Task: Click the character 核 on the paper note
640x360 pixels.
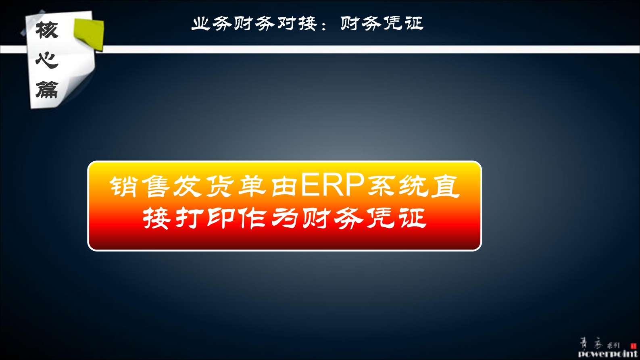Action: pyautogui.click(x=47, y=30)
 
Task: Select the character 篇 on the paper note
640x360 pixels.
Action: pyautogui.click(x=47, y=89)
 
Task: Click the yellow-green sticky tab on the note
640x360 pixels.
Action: pyautogui.click(x=90, y=34)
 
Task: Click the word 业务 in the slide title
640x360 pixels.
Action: pyautogui.click(x=212, y=23)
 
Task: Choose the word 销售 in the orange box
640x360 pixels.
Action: pyautogui.click(x=139, y=186)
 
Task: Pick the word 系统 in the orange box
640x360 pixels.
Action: pyautogui.click(x=398, y=186)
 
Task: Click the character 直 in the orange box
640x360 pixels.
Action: pyautogui.click(x=445, y=186)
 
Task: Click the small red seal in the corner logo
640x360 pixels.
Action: pyautogui.click(x=633, y=345)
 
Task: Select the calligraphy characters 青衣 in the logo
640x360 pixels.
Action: pyautogui.click(x=591, y=344)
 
